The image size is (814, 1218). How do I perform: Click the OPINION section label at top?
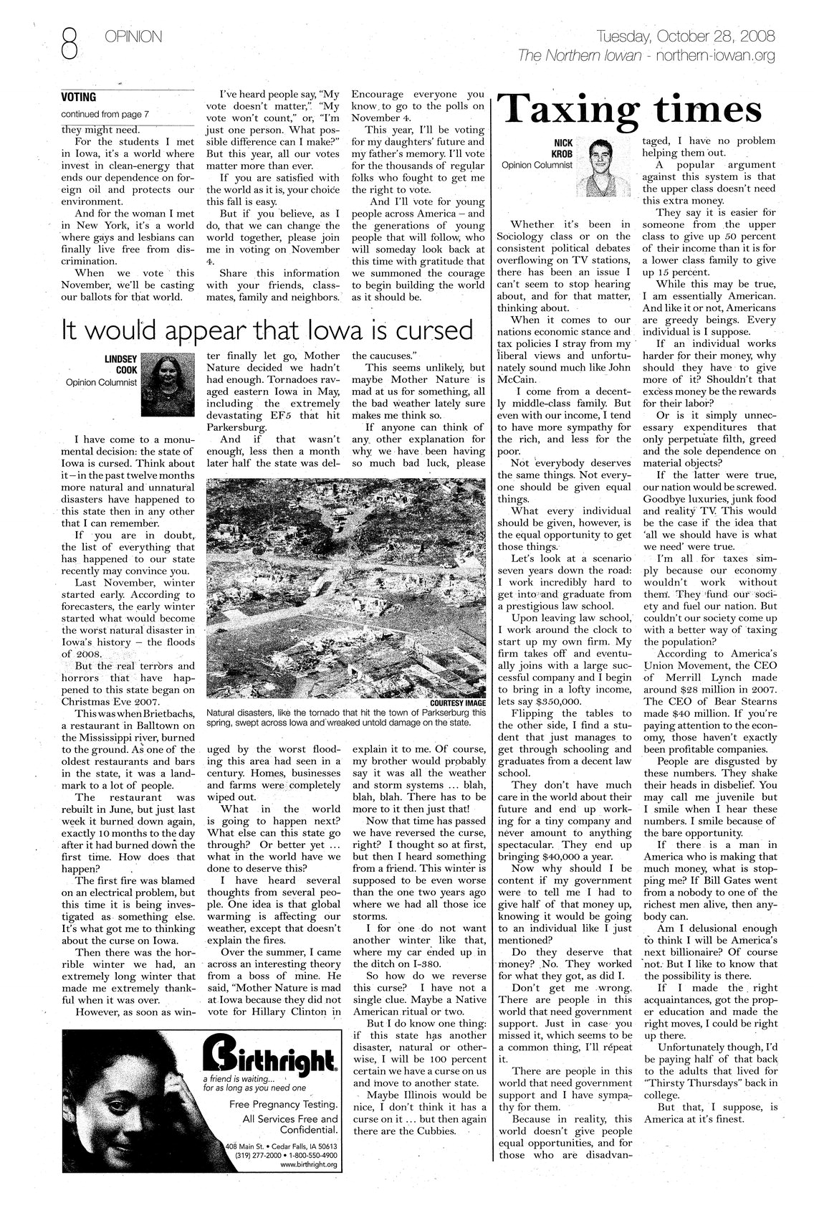pyautogui.click(x=133, y=36)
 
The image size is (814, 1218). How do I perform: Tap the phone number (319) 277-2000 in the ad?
pyautogui.click(x=258, y=1155)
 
